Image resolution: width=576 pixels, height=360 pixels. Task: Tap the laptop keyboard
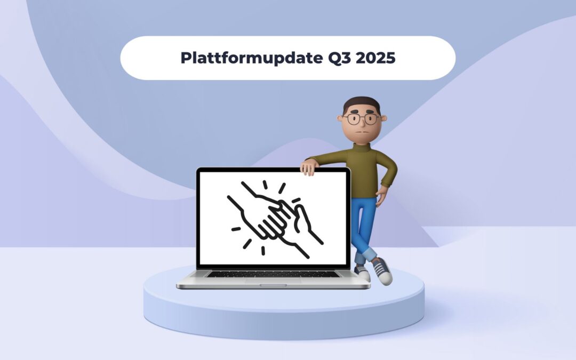273,274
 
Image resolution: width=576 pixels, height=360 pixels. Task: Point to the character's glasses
361,118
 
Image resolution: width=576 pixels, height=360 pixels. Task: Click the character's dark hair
361,102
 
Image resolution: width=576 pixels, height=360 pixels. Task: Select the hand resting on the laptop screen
309,167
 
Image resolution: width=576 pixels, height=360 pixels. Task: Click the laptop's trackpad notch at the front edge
273,285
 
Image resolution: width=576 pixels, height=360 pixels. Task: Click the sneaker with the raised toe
382,270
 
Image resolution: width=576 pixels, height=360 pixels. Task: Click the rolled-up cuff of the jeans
369,254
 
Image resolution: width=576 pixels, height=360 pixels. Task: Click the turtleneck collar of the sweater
363,142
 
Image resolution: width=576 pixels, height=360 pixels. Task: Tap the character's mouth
362,132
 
